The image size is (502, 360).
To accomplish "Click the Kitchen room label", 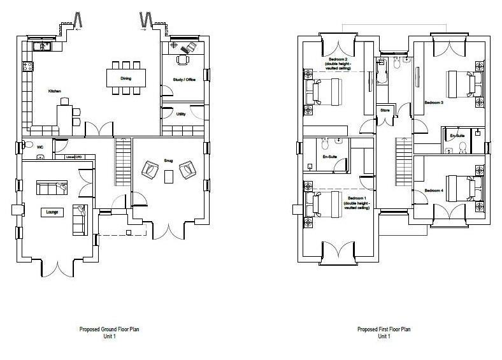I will [55, 92].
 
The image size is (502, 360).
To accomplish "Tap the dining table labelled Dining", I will [125, 78].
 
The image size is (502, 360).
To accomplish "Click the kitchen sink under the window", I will [43, 46].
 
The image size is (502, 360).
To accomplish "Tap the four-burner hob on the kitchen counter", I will [27, 66].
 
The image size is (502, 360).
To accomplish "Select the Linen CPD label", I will [75, 156].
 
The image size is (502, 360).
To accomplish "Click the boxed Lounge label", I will [53, 212].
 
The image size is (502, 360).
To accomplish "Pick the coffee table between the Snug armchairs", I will [168, 176].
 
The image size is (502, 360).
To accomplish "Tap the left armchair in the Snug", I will [151, 169].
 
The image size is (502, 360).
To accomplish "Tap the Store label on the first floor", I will [385, 110].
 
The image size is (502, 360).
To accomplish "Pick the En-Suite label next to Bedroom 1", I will [330, 156].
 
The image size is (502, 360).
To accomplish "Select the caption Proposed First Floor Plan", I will [384, 329].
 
